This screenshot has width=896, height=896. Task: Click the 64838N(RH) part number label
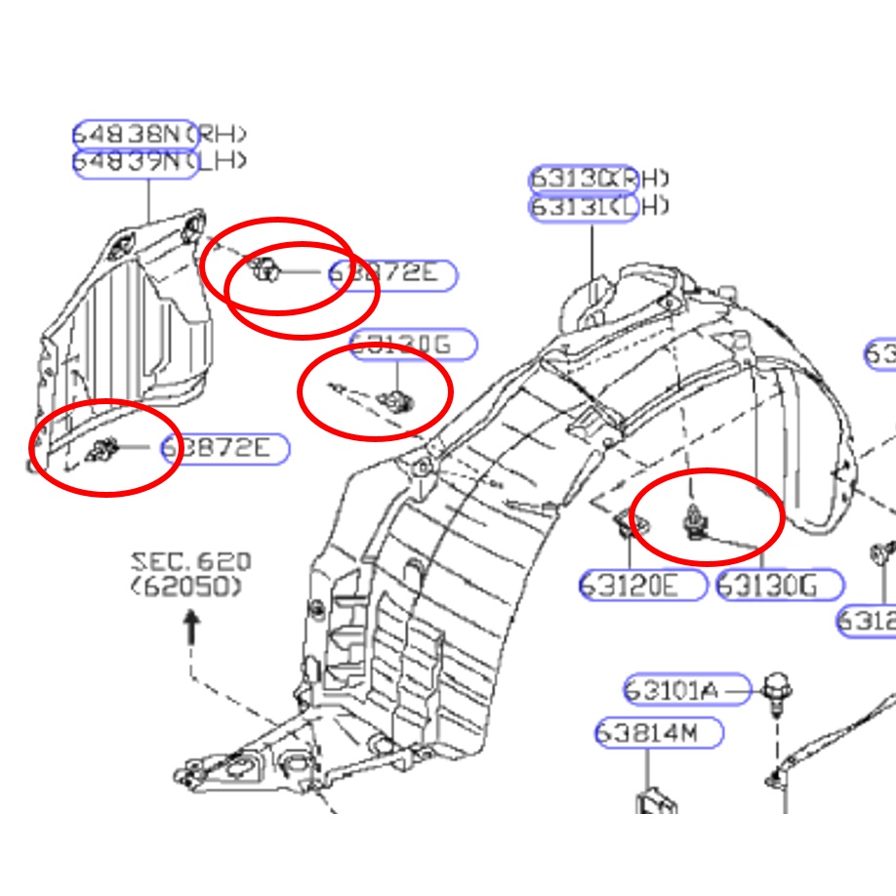[x=159, y=134]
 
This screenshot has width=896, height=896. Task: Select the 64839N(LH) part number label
[x=159, y=161]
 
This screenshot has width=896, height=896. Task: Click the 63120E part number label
[x=642, y=586]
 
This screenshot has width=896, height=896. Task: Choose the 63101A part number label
[x=686, y=690]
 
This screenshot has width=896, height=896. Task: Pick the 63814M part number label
[x=659, y=732]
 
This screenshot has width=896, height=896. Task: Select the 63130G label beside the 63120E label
[x=779, y=586]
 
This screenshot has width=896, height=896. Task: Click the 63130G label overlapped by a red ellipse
[x=415, y=344]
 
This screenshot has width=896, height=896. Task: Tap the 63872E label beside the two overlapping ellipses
[x=393, y=275]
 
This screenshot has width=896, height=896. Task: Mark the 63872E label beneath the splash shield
[x=225, y=449]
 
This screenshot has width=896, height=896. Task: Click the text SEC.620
[x=191, y=562]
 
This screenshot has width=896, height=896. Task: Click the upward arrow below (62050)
[x=192, y=624]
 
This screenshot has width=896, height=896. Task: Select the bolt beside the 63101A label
[x=777, y=691]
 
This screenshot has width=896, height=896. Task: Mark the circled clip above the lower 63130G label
[x=694, y=522]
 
